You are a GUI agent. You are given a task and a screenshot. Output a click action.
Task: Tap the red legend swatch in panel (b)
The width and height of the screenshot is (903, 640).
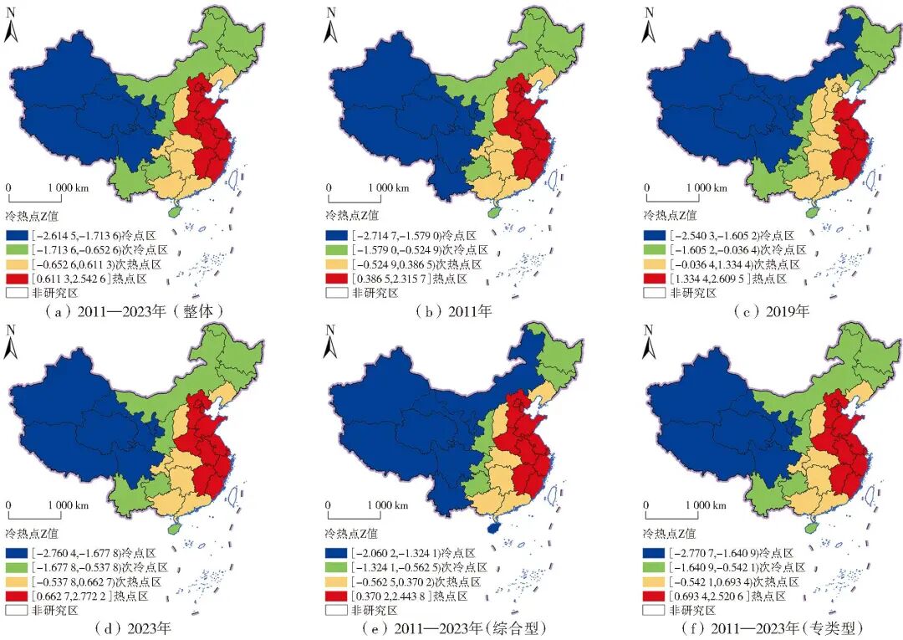coord(337,279)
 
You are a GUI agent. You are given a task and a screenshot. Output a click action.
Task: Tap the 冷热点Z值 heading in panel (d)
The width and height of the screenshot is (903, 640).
coord(33,533)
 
